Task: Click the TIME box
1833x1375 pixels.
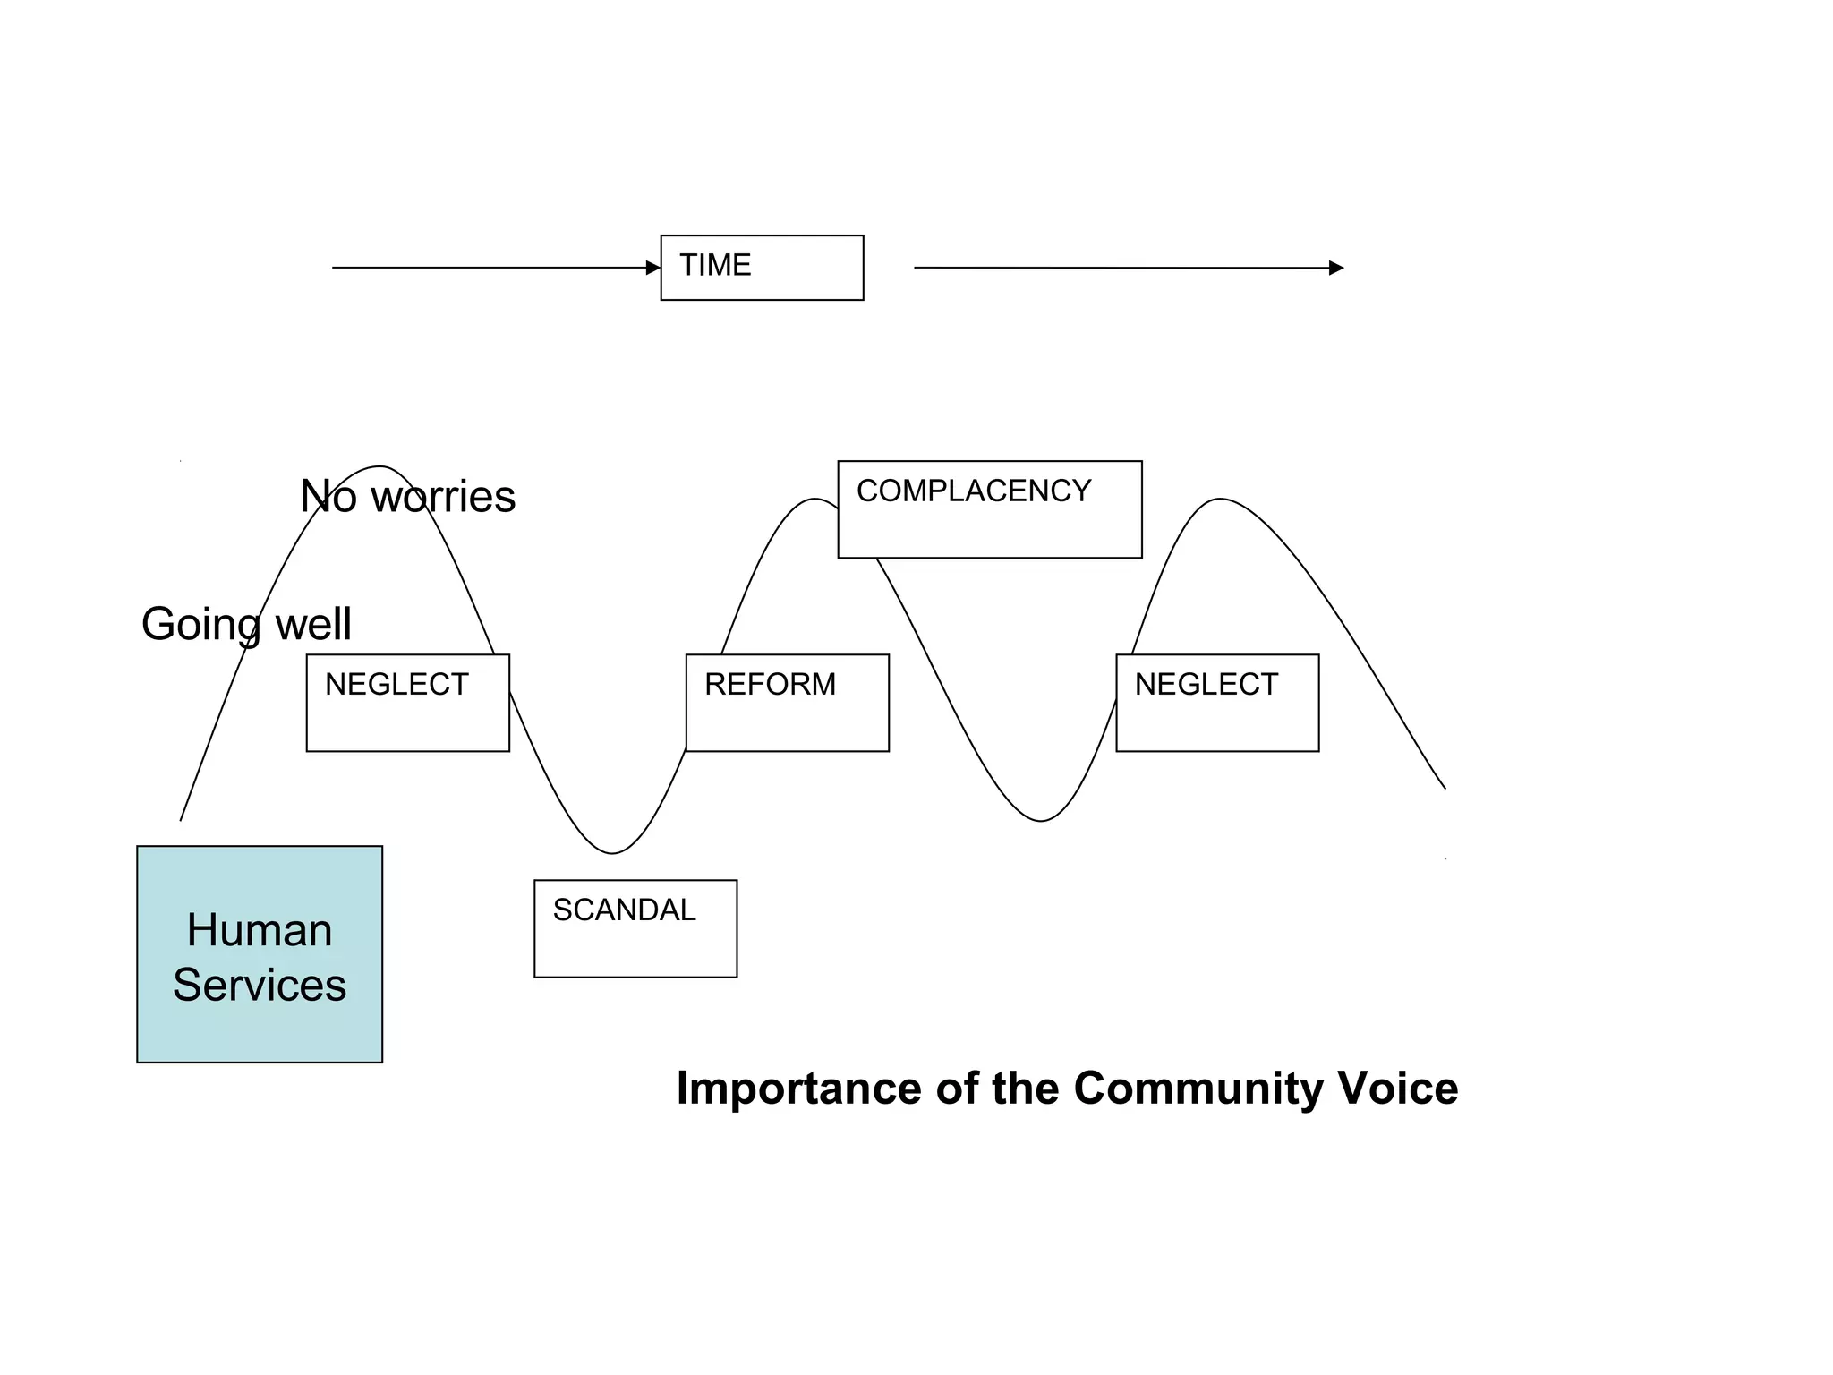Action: (x=762, y=268)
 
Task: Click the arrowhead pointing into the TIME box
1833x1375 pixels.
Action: (x=653, y=268)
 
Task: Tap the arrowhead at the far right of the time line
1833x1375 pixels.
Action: (x=1336, y=268)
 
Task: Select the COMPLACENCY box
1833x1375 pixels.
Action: (x=989, y=509)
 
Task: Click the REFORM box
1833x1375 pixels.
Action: (x=787, y=703)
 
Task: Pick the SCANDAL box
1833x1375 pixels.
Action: (x=635, y=928)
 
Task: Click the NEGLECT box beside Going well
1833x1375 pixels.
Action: (x=407, y=703)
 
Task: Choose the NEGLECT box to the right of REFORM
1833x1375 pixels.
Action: (x=1217, y=703)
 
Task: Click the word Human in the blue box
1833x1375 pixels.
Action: (x=260, y=930)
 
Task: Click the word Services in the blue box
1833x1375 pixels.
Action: (x=260, y=986)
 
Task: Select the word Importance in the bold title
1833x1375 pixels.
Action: (x=799, y=1089)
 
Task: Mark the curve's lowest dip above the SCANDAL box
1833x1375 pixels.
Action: (x=612, y=853)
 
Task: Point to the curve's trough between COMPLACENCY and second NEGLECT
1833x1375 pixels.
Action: (x=1041, y=820)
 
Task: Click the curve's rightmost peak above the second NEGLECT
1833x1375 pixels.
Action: (x=1220, y=499)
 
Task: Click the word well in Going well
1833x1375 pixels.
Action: (x=313, y=625)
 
